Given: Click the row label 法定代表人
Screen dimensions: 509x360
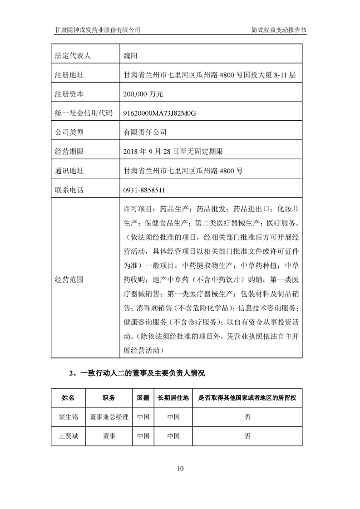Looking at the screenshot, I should (x=73, y=56).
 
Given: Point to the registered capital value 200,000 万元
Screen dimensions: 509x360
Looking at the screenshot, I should (x=143, y=94).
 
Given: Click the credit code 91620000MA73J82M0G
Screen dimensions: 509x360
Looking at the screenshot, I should (x=162, y=113).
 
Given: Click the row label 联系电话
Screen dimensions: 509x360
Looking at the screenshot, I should (x=69, y=190).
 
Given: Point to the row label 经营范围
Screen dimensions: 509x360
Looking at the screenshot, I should (x=69, y=279).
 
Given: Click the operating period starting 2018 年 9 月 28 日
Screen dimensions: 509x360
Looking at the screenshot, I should (x=173, y=152).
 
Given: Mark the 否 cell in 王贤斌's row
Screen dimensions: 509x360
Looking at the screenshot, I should (x=247, y=436).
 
